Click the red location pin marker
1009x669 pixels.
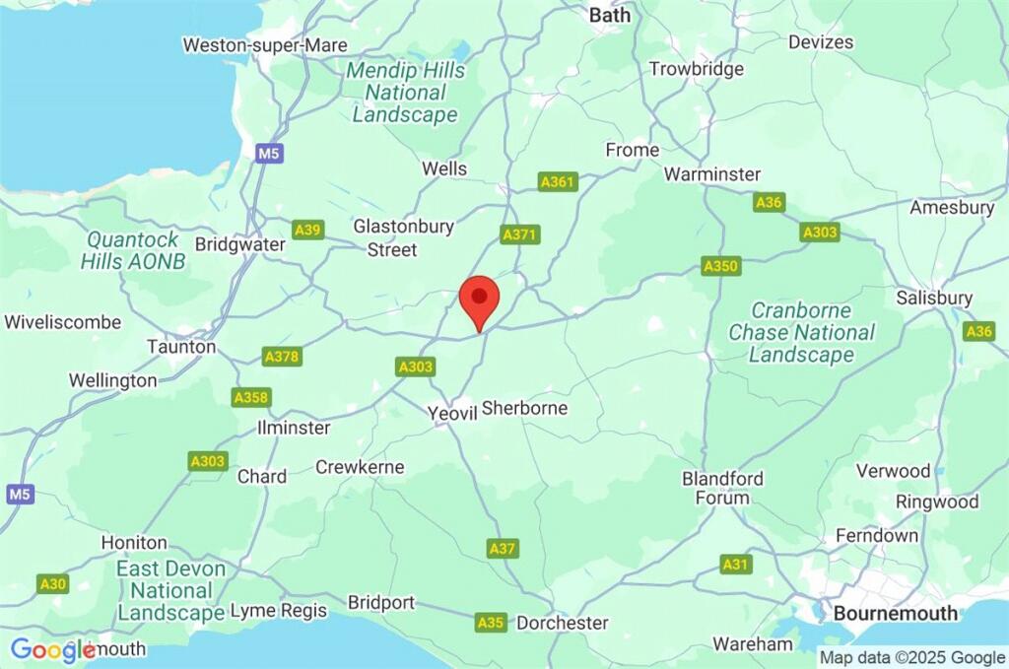pos(480,300)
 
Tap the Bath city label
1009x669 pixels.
pos(609,15)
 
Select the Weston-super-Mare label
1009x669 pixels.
pos(265,45)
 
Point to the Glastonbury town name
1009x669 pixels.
pos(404,227)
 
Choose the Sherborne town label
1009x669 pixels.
pos(525,408)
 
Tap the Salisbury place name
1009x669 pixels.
pos(934,298)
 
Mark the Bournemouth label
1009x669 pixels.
pos(895,613)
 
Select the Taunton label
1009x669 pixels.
pos(181,347)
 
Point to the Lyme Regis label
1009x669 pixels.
pos(278,611)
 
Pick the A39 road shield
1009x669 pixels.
pos(308,230)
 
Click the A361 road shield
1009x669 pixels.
pos(558,182)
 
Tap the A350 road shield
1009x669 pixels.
pos(720,266)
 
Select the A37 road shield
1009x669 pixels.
pos(502,548)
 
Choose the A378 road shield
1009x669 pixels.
pos(282,357)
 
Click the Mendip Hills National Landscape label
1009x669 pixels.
pos(405,93)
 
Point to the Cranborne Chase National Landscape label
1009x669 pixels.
pos(801,332)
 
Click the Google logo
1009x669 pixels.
pos(52,649)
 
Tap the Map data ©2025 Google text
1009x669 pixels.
pos(912,657)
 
